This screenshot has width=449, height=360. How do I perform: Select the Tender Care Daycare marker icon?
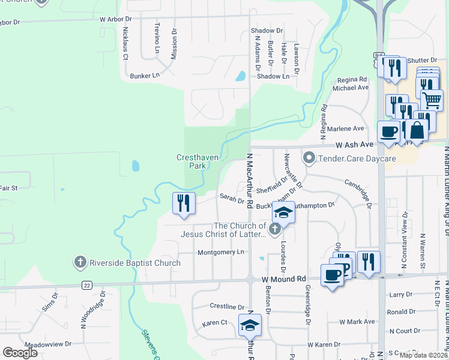[309, 158]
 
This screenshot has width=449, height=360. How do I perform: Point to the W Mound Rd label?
[284, 279]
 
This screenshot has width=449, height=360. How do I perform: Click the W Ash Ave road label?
[354, 145]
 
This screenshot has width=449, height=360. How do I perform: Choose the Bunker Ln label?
[145, 76]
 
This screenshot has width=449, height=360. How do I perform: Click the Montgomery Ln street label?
[221, 252]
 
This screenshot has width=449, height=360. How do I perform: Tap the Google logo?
[20, 353]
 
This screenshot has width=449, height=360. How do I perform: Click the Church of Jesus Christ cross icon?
[275, 229]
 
